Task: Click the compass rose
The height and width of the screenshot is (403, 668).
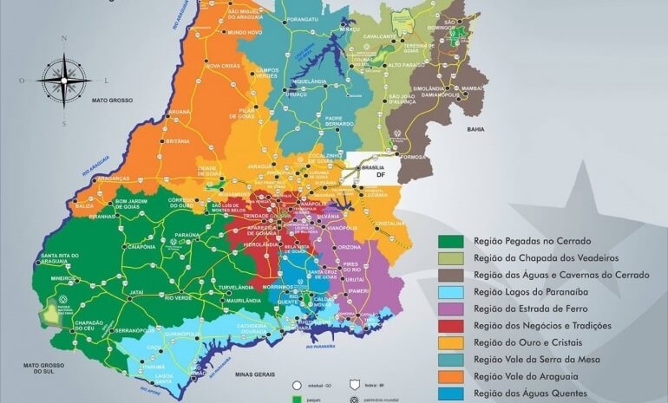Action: (63, 81)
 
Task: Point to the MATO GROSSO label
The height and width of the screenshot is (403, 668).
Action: (112, 101)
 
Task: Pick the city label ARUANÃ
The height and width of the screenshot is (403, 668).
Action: (180, 112)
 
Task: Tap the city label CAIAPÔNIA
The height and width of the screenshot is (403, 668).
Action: (140, 246)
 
